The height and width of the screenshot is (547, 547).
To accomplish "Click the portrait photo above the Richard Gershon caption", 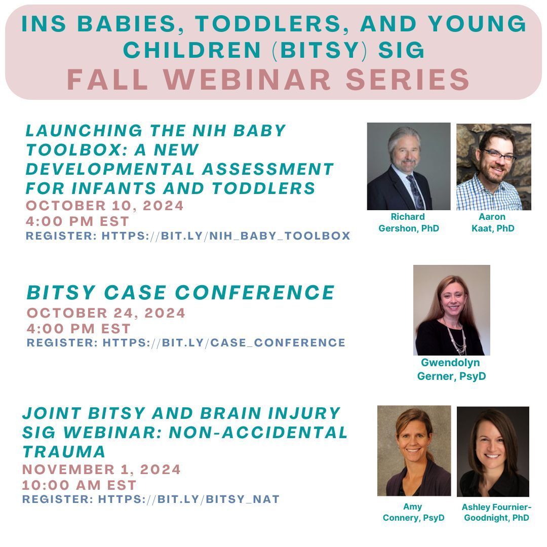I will pos(408,166).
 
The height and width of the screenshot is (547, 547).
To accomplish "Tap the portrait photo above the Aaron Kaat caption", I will pos(493,167).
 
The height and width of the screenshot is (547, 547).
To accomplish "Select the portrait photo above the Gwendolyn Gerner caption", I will pos(451,309).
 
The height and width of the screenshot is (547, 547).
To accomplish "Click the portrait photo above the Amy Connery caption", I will pos(414,450).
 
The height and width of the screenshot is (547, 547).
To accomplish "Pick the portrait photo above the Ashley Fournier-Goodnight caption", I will pos(493,451).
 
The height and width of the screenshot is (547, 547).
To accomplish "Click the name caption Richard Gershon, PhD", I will pos(408,222).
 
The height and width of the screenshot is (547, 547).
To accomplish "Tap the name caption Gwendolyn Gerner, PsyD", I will pos(451,369).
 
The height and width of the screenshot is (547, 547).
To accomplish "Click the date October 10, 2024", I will pos(105,206).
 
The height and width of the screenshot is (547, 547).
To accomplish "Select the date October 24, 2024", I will pos(106,313).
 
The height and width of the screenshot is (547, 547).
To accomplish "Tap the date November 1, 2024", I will pos(101,470).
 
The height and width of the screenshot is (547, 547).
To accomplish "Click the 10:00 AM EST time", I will pos(79,485).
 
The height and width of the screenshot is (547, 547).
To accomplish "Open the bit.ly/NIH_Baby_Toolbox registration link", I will pos(226,236).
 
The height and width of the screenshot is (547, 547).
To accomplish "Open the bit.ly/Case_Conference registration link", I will pos(224,343).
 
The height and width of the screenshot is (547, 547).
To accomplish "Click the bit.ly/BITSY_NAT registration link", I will pos(188,499).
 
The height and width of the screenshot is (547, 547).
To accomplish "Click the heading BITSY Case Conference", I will pos(180,292).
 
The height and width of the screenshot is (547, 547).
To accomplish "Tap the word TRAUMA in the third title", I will pos(64,451).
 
